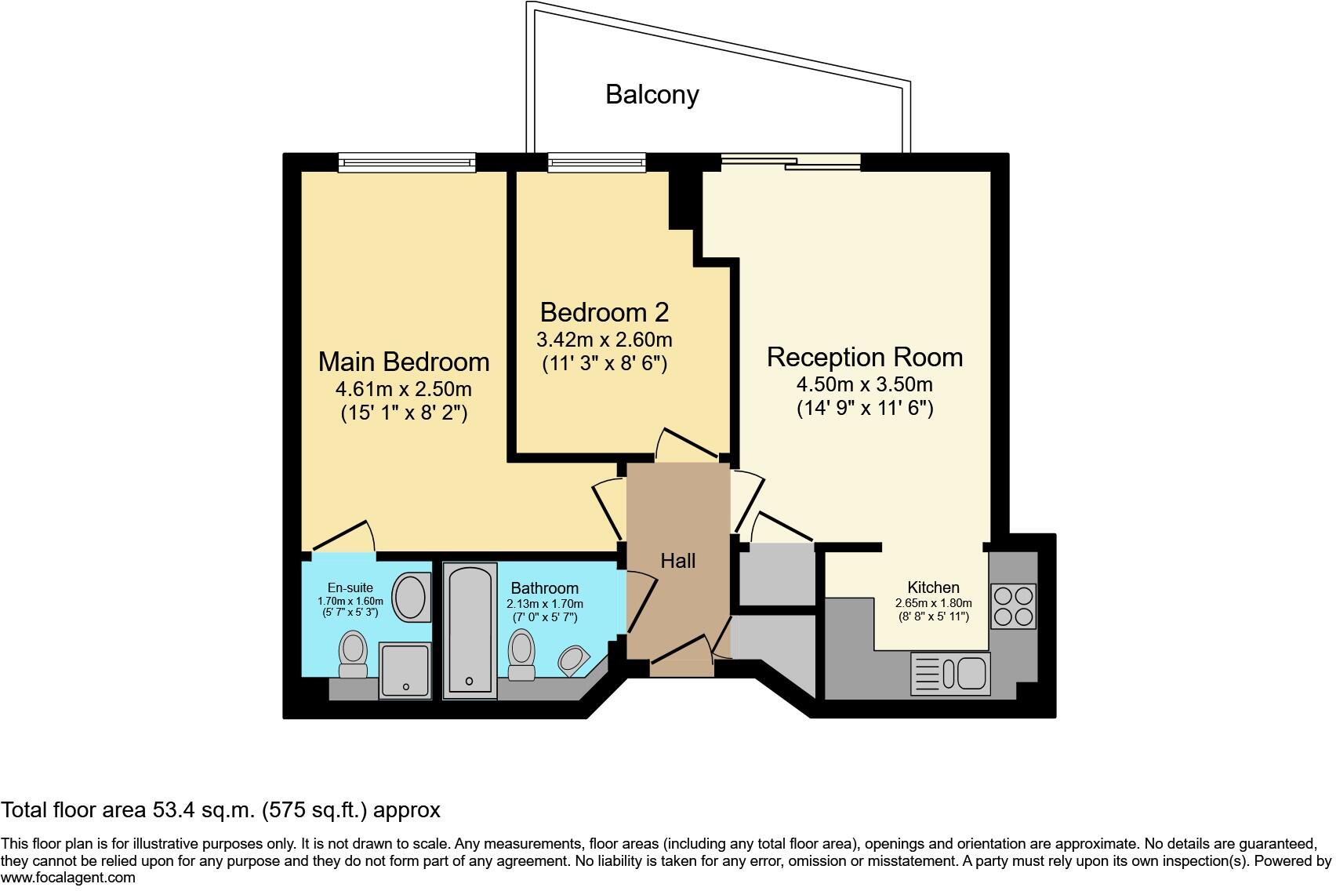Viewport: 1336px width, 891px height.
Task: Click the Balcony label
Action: point(652,95)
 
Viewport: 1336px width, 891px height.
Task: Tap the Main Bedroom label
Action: point(404,362)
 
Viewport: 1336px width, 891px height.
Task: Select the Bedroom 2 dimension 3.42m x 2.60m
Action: point(604,340)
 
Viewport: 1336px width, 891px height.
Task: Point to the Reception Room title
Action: point(864,357)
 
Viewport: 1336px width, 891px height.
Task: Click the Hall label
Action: point(677,561)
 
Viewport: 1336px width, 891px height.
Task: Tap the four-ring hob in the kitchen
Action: point(1013,606)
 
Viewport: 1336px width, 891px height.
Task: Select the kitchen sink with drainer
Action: point(950,674)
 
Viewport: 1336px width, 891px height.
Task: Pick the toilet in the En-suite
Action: point(353,655)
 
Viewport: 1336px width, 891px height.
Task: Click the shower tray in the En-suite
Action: point(405,670)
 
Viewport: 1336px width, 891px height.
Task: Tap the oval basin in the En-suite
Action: point(410,598)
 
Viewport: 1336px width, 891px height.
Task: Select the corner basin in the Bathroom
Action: point(575,660)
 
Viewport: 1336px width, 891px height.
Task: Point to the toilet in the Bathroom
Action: point(521,656)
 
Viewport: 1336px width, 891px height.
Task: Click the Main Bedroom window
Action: point(407,162)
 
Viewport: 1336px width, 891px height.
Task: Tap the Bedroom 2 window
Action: point(597,162)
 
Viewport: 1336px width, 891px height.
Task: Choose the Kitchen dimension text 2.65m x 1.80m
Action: point(933,603)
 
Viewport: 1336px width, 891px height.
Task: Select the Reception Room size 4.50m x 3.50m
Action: point(864,385)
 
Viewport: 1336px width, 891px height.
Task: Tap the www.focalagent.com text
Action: point(68,878)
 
